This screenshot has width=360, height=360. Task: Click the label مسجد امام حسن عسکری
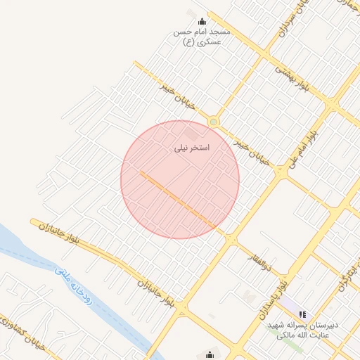pos(202,37)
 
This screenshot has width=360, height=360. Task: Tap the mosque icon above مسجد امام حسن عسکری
pos(202,21)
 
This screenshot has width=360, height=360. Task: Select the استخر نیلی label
pos(191,148)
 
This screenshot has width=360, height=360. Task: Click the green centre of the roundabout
pos(213,122)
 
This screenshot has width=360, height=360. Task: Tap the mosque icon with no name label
pos(209,354)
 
